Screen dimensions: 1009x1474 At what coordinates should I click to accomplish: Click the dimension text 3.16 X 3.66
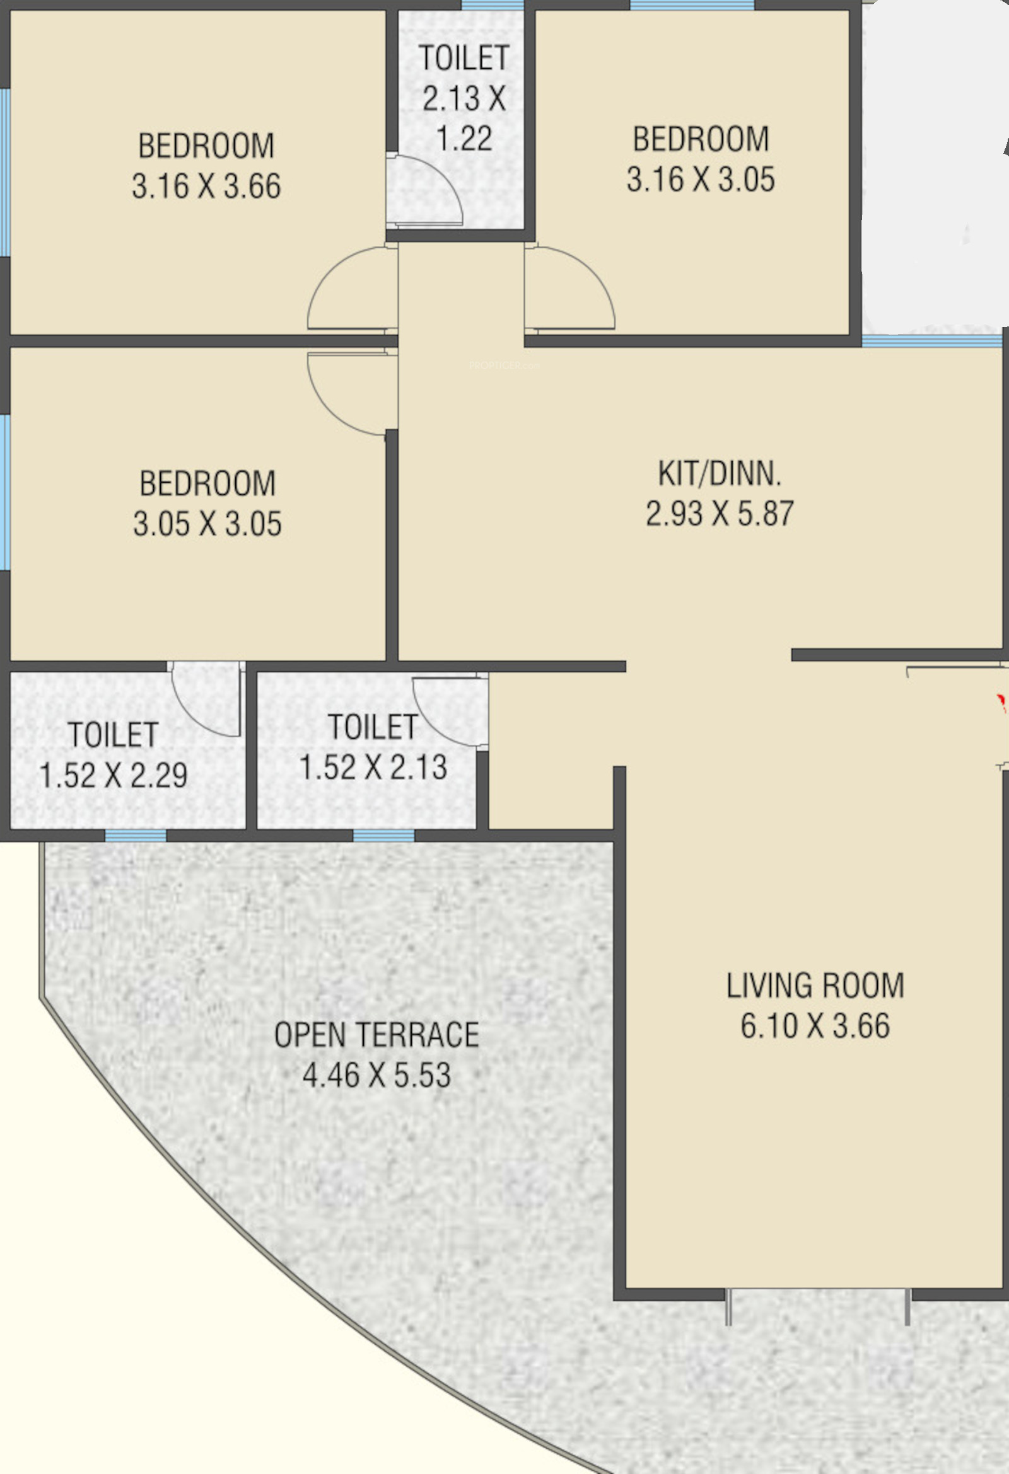[206, 186]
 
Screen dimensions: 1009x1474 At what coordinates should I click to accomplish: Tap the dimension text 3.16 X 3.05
[701, 179]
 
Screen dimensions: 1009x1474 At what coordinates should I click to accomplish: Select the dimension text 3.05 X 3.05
[207, 523]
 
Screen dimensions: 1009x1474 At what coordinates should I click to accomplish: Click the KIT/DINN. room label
[720, 473]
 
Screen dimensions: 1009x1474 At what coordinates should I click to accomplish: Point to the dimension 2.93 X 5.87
[720, 513]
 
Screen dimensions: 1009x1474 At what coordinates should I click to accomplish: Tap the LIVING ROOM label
[815, 985]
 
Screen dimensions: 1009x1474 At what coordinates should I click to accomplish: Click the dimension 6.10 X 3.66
[815, 1025]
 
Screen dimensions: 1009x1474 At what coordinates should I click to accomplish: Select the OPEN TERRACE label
[376, 1035]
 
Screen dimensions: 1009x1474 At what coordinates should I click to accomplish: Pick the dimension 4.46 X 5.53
[377, 1074]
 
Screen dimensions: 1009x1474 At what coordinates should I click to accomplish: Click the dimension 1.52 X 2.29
[114, 774]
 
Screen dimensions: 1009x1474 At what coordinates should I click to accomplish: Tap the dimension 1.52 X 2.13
[373, 767]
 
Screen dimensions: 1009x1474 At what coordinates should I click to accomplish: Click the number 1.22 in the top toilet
[465, 138]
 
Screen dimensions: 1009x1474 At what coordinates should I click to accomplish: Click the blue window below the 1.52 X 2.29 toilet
[136, 836]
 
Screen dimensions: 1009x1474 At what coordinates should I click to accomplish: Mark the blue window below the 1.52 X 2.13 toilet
[384, 836]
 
